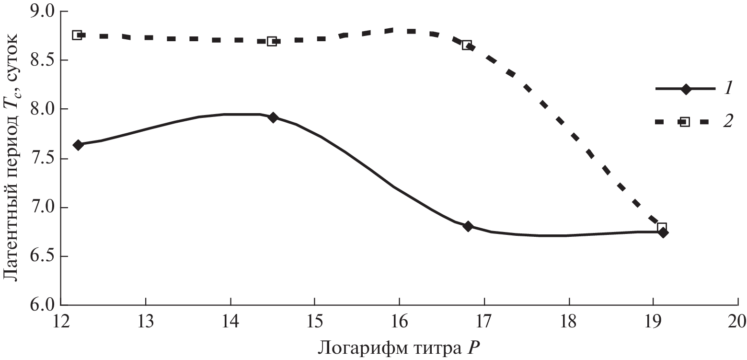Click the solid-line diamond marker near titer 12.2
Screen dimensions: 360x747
[79, 145]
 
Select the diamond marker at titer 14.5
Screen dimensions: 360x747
[273, 117]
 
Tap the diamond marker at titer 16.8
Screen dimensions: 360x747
[468, 226]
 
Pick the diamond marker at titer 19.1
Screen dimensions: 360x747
[663, 232]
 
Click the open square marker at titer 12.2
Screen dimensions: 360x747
[77, 35]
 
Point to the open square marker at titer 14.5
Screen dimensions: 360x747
[272, 41]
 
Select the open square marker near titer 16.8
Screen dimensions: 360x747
[467, 45]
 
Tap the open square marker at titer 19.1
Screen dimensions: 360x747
[662, 227]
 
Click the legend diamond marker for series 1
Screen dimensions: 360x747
[686, 89]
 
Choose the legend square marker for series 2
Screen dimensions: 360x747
[685, 122]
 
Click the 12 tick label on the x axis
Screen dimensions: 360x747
[60, 320]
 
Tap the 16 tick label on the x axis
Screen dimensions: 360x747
[399, 320]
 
